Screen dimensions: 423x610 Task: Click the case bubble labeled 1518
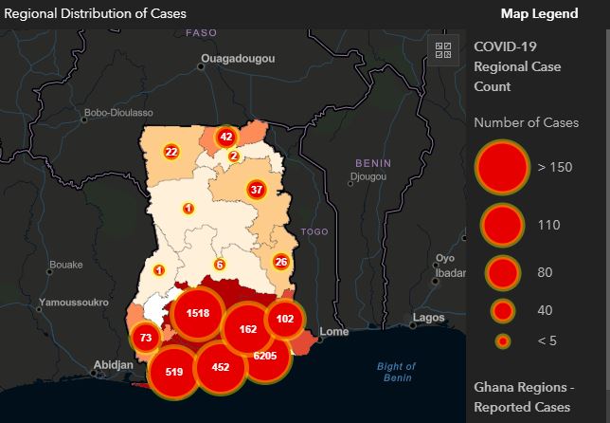pos(198,313)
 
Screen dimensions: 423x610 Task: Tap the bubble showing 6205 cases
pos(265,356)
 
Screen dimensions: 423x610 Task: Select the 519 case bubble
pos(173,371)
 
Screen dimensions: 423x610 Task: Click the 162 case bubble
pos(248,329)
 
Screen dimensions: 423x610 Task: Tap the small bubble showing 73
pos(145,338)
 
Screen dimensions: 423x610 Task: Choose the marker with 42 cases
pos(225,137)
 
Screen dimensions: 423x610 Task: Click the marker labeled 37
pos(256,190)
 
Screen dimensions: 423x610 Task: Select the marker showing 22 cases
pos(171,151)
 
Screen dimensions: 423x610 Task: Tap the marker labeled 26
pos(281,261)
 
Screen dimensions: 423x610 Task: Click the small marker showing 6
pos(220,265)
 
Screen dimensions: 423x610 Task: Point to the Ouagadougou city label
pos(237,59)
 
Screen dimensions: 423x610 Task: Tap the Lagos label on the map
pos(429,317)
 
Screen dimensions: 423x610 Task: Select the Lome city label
pos(335,332)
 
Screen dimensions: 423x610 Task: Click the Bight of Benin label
pos(396,372)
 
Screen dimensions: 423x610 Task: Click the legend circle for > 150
pos(501,167)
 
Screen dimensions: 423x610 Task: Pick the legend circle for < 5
pos(503,341)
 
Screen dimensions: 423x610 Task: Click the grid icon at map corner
pos(442,51)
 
